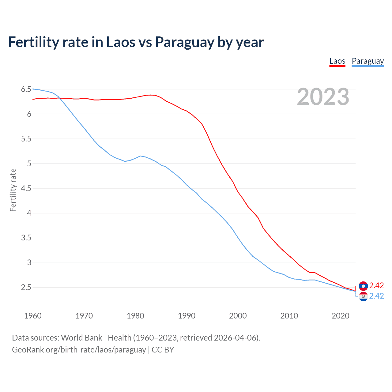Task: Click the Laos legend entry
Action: tap(337, 61)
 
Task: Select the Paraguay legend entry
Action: tap(367, 61)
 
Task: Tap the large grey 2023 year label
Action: tap(323, 97)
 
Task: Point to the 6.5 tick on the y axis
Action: tap(26, 89)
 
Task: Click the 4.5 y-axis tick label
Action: tap(26, 188)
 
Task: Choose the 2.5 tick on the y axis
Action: tap(26, 287)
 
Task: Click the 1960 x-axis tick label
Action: tap(33, 316)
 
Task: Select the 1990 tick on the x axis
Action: tap(187, 316)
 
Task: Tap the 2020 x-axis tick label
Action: tap(340, 316)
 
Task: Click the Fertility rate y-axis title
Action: tap(13, 190)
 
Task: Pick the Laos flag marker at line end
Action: tap(363, 286)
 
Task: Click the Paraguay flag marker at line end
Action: tap(363, 296)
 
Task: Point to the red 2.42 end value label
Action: tap(376, 285)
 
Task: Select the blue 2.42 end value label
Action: tap(376, 296)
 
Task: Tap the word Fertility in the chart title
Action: tap(33, 42)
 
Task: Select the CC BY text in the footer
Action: tap(163, 350)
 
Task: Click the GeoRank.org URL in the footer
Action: tap(79, 350)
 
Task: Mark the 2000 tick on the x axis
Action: tap(238, 316)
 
